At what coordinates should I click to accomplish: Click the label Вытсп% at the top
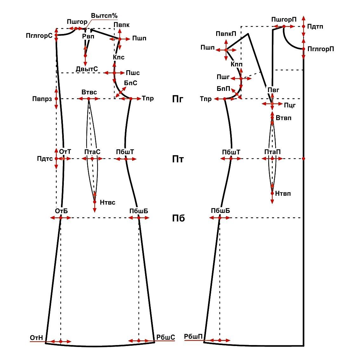click(x=104, y=16)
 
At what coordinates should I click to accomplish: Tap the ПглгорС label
click(x=39, y=36)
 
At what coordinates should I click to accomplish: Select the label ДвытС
click(x=87, y=69)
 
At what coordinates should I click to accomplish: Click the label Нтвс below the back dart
click(x=108, y=202)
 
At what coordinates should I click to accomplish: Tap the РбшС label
click(x=166, y=337)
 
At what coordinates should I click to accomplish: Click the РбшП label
click(x=193, y=336)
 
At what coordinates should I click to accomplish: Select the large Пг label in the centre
click(x=178, y=99)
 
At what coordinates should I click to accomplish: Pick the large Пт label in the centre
click(x=178, y=159)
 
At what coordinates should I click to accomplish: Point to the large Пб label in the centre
click(x=178, y=218)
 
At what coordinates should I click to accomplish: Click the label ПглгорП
click(x=321, y=49)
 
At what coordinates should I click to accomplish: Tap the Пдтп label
click(x=315, y=26)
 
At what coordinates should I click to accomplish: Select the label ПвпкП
click(x=226, y=34)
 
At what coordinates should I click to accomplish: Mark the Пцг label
click(x=290, y=105)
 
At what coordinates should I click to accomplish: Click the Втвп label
click(x=283, y=118)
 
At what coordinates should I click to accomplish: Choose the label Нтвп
click(x=283, y=194)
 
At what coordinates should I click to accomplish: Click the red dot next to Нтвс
click(x=95, y=202)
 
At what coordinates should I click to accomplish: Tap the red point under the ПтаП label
click(x=272, y=158)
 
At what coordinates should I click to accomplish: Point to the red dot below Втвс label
click(x=89, y=99)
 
